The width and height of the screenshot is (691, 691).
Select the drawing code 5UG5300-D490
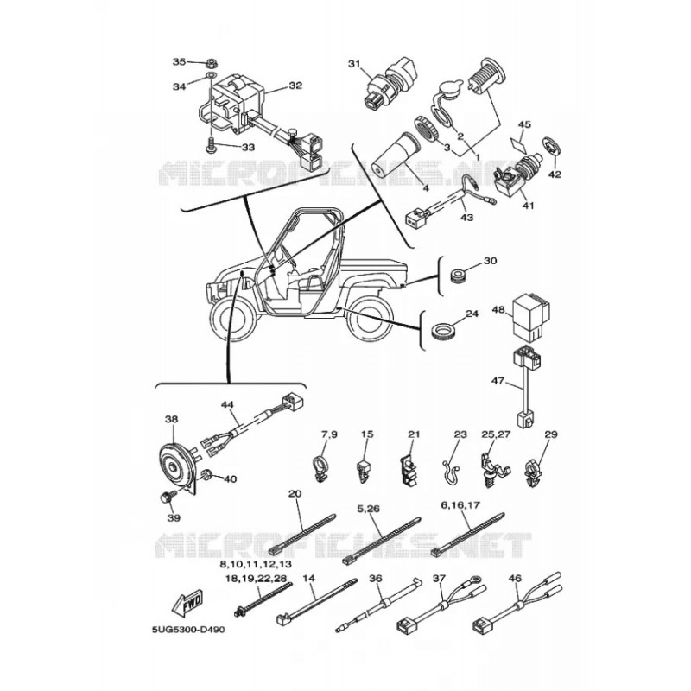point(188,630)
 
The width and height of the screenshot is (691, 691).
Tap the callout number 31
point(354,64)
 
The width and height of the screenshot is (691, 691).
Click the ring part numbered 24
point(442,331)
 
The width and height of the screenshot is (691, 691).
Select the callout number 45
point(524,124)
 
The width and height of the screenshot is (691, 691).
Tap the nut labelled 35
point(210,62)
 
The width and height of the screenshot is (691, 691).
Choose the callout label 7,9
point(329,434)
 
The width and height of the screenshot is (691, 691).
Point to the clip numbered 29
point(534,472)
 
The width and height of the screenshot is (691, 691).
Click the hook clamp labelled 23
point(450,472)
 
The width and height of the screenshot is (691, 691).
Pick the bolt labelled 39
point(167,498)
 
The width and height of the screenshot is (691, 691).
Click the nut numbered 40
point(206,475)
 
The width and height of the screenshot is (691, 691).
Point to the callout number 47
point(498,379)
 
